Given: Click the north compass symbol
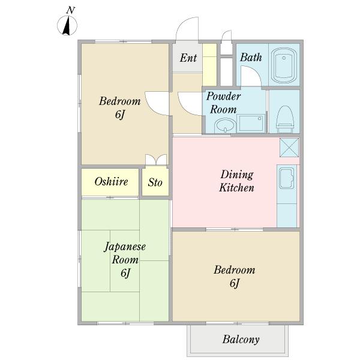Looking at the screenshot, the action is pyautogui.click(x=67, y=26).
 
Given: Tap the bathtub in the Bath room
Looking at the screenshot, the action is pyautogui.click(x=284, y=65).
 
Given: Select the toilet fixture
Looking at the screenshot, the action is pyautogui.click(x=285, y=119).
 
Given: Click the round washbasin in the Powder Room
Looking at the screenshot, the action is pyautogui.click(x=225, y=125).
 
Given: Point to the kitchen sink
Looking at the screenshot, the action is pyautogui.click(x=286, y=178).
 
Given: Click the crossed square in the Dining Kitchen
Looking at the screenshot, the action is pyautogui.click(x=289, y=148).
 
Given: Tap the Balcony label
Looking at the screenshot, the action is pyautogui.click(x=241, y=340).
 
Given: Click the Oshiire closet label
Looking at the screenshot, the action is pyautogui.click(x=111, y=182).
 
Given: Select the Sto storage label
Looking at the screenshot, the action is pyautogui.click(x=155, y=182).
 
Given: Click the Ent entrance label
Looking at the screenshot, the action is pyautogui.click(x=188, y=58).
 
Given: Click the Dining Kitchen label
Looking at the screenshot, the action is pyautogui.click(x=237, y=181).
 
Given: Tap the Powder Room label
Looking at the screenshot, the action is pyautogui.click(x=223, y=103).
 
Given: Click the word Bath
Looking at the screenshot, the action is pyautogui.click(x=251, y=58).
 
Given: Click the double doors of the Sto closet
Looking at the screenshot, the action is pyautogui.click(x=156, y=160).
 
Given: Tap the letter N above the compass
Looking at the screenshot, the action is pyautogui.click(x=71, y=10).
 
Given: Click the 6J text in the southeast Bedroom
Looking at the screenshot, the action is pyautogui.click(x=235, y=283).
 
